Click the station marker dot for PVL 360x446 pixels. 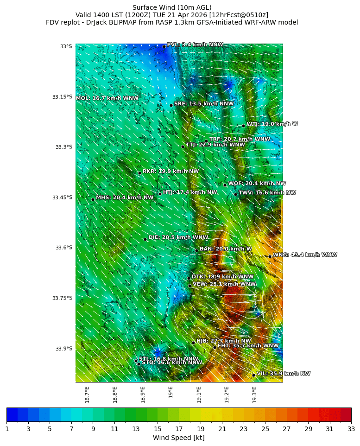click(x=164, y=46)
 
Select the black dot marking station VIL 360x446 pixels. click(x=254, y=375)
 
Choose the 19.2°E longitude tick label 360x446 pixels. click(x=227, y=395)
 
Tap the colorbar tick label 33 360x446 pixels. click(x=351, y=429)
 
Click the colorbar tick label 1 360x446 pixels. click(x=7, y=429)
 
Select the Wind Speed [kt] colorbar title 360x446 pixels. click(x=179, y=438)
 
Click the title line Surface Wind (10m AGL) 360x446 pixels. click(x=172, y=7)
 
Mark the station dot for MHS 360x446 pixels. click(x=93, y=199)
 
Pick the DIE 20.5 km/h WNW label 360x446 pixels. click(x=178, y=237)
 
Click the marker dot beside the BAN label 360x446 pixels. click(x=196, y=250)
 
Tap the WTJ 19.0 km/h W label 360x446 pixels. click(x=272, y=124)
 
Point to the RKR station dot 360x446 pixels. click(x=139, y=173)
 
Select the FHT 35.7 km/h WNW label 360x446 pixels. click(x=248, y=346)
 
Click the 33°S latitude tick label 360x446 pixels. click(x=66, y=46)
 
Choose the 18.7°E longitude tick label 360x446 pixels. click(x=87, y=395)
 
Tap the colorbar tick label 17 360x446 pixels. click(x=179, y=429)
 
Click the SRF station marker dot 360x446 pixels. click(x=171, y=105)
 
